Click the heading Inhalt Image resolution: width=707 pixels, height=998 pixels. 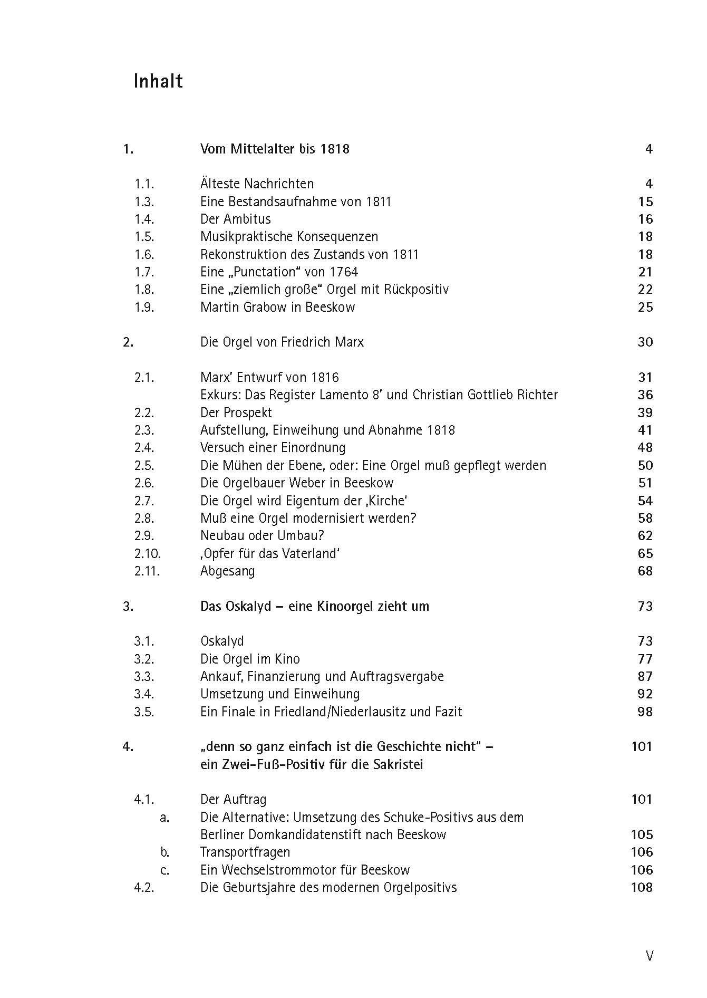pyautogui.click(x=158, y=81)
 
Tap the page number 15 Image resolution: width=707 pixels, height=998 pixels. pyautogui.click(x=645, y=201)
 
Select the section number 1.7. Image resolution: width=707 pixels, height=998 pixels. pyautogui.click(x=144, y=272)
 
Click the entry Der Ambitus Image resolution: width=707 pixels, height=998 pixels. pyautogui.click(x=235, y=219)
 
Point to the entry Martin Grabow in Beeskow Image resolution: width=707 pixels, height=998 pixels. pyautogui.click(x=277, y=307)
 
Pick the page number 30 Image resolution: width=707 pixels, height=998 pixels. pyautogui.click(x=645, y=342)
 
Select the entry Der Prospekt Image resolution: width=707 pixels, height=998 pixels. pyautogui.click(x=236, y=412)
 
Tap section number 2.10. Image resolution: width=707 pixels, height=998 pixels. pyautogui.click(x=147, y=553)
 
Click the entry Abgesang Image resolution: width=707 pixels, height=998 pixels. pyautogui.click(x=227, y=571)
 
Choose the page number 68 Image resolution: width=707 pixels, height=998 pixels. pyautogui.click(x=645, y=571)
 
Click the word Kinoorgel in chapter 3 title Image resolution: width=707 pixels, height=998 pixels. pyautogui.click(x=345, y=607)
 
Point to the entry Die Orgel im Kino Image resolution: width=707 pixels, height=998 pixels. pyautogui.click(x=250, y=659)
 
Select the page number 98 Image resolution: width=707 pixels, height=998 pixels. pyautogui.click(x=645, y=712)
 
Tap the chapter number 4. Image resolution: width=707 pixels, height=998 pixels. pyautogui.click(x=128, y=747)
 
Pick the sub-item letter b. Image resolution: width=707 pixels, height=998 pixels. pyautogui.click(x=165, y=852)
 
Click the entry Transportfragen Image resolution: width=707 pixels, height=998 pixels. pyautogui.click(x=245, y=852)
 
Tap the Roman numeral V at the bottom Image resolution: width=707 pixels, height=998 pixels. pyautogui.click(x=649, y=956)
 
